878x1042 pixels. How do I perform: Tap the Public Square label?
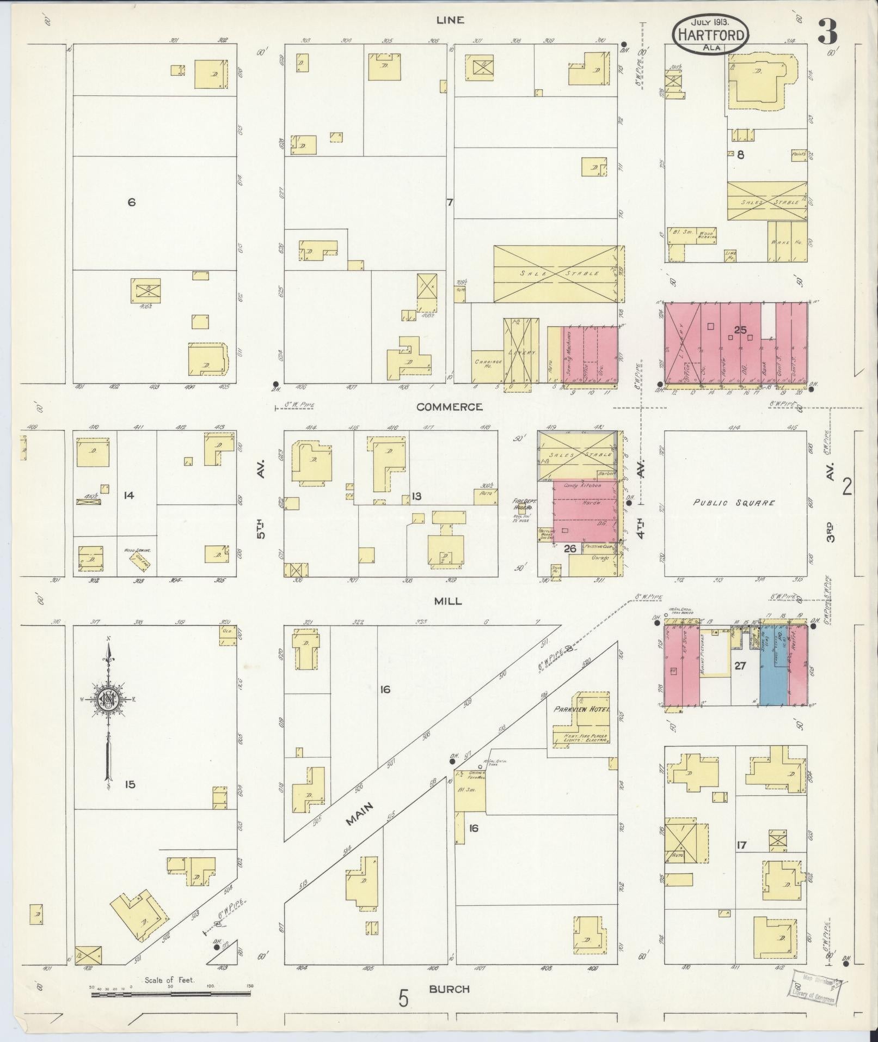[734, 503]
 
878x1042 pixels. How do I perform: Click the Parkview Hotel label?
[581, 710]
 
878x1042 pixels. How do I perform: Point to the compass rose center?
[109, 699]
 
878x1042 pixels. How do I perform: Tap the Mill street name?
[447, 601]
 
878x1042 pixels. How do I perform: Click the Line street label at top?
[450, 20]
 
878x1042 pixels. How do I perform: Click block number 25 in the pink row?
[739, 330]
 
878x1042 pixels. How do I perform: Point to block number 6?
[131, 202]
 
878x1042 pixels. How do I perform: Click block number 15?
[129, 784]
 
